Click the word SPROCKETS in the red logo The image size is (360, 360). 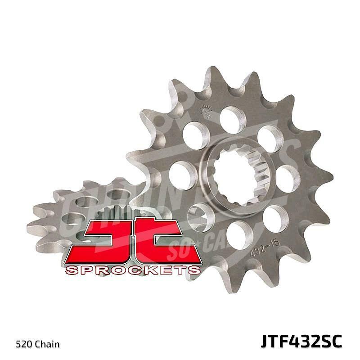click(133, 270)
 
